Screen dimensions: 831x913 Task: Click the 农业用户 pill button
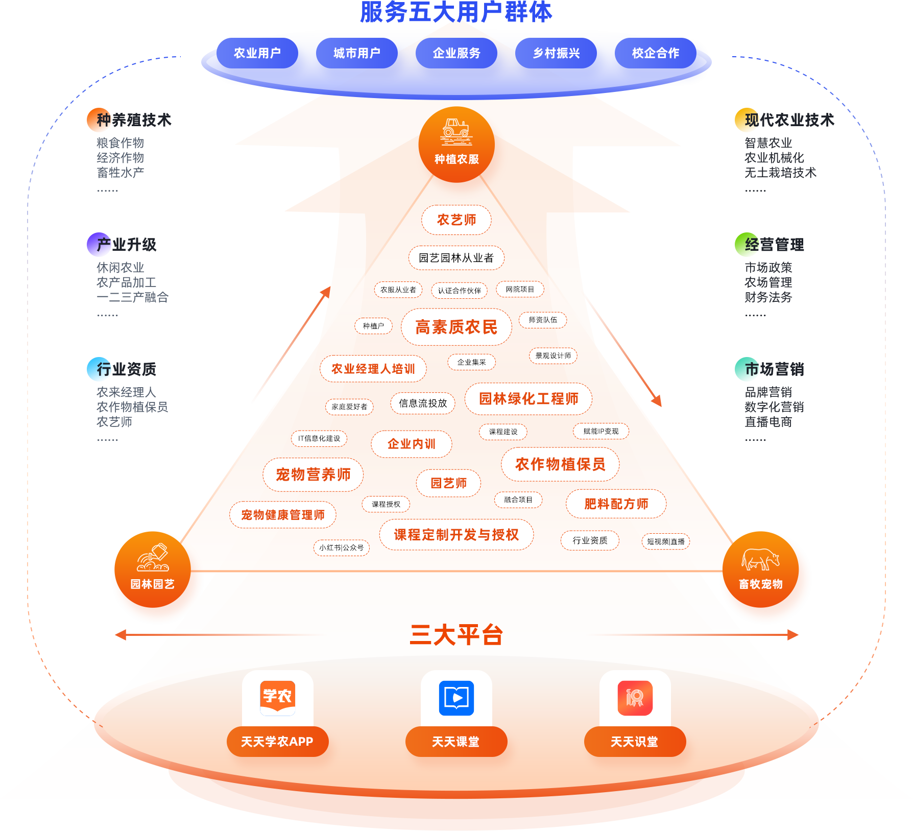click(x=257, y=53)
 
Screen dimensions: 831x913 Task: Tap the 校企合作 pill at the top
click(x=655, y=53)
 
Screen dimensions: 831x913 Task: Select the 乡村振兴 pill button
click(x=556, y=53)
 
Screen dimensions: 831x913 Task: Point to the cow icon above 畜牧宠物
click(x=760, y=559)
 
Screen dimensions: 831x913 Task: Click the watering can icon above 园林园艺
click(x=153, y=557)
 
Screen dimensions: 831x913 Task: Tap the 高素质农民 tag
click(x=456, y=327)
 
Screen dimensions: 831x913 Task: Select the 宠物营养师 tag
click(x=313, y=474)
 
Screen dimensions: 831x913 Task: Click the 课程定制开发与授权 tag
click(x=456, y=535)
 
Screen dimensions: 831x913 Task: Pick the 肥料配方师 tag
click(x=616, y=504)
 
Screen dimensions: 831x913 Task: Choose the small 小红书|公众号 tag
click(x=341, y=548)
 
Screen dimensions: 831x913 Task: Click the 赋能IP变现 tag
click(x=600, y=431)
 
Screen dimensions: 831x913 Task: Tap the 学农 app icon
click(x=277, y=698)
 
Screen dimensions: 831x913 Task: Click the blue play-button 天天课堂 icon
click(x=456, y=698)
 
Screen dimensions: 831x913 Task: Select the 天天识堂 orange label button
click(x=634, y=742)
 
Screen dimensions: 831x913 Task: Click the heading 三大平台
click(x=456, y=635)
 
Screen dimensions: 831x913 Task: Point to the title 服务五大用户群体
click(x=456, y=12)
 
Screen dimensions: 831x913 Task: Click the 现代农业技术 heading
click(x=789, y=120)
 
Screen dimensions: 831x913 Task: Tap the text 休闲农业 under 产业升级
click(x=120, y=267)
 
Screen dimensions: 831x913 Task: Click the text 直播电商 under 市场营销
click(x=768, y=422)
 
